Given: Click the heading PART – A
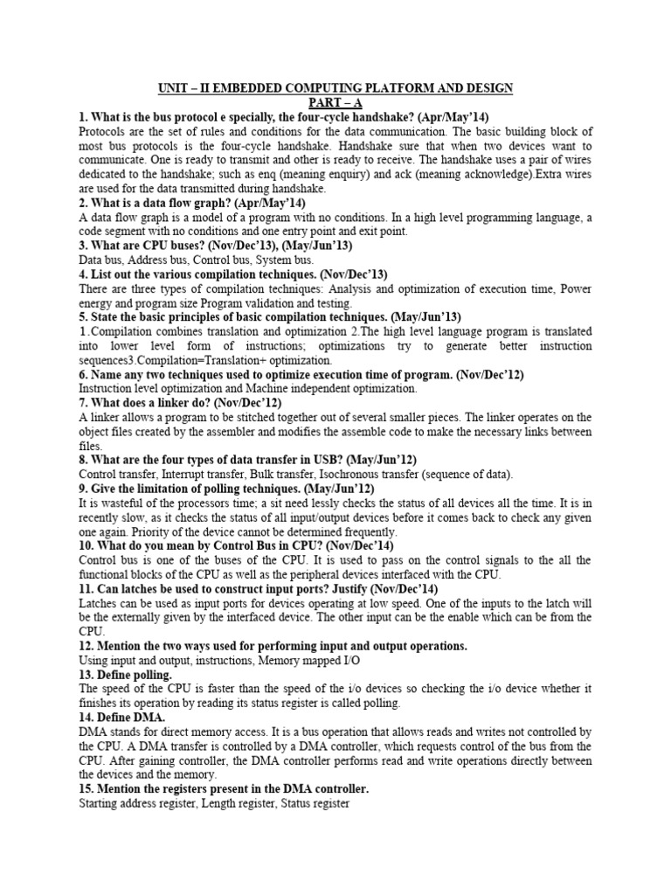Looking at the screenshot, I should pyautogui.click(x=335, y=102).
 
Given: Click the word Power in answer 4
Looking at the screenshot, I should pyautogui.click(x=574, y=288).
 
